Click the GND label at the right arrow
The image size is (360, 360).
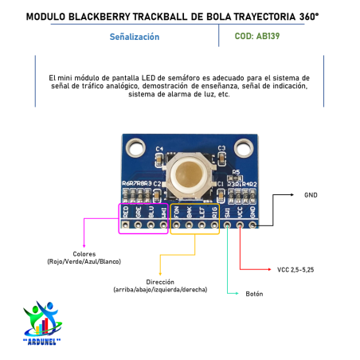point(311,194)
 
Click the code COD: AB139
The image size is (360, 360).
point(257,36)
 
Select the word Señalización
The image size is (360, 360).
point(134,37)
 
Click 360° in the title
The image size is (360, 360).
point(317,15)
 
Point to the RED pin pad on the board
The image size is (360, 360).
point(127,225)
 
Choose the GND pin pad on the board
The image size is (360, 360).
point(254,225)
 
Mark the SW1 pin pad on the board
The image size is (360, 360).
point(229,225)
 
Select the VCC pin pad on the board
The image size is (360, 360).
point(241,225)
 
